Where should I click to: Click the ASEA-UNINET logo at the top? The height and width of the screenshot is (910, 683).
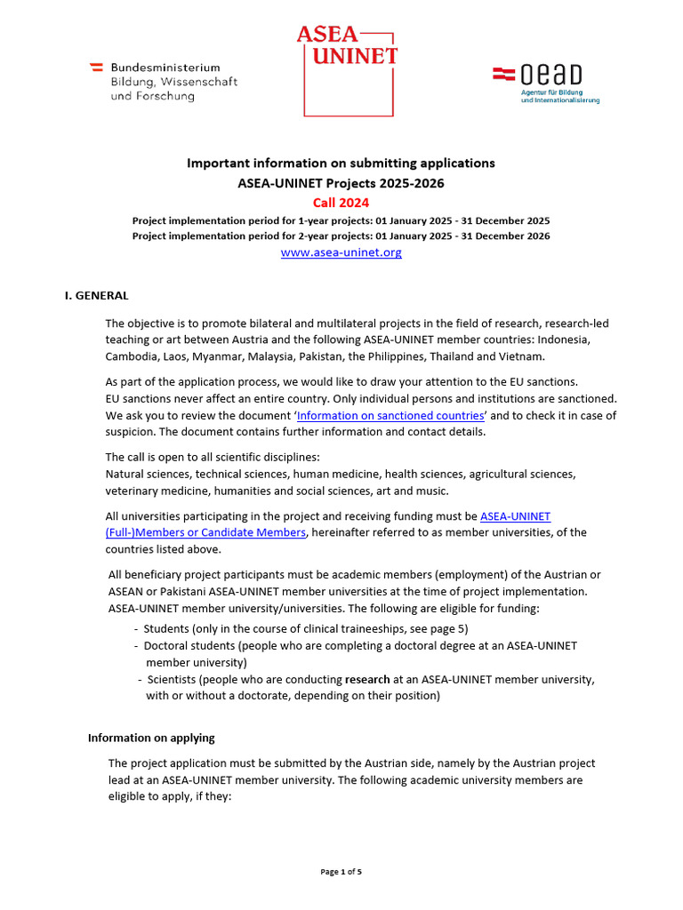coord(347,69)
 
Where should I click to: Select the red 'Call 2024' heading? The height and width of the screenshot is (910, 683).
coord(341,203)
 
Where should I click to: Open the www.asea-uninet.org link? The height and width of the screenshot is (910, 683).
coord(341,252)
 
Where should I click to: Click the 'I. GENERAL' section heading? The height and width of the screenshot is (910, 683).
coord(97,295)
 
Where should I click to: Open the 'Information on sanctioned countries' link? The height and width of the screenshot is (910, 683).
coord(390,415)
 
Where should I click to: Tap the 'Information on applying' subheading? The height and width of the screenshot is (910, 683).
coord(151,738)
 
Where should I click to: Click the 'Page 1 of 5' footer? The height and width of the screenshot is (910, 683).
coord(341,872)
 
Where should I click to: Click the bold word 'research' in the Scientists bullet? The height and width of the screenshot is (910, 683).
coord(367,679)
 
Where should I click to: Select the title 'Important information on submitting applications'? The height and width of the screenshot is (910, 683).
coord(341,164)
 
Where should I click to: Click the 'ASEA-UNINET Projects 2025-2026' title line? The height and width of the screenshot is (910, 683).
coord(341,183)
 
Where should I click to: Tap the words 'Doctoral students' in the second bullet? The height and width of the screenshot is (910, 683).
coord(190,645)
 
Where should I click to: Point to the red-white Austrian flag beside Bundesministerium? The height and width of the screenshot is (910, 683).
coord(96,68)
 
